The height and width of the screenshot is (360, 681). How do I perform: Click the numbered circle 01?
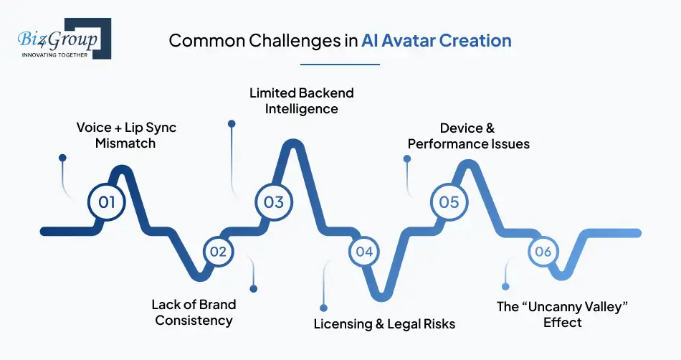click(107, 202)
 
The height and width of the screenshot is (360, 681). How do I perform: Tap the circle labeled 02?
click(218, 252)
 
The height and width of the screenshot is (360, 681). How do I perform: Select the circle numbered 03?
click(274, 202)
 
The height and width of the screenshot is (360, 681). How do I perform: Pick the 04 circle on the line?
click(364, 252)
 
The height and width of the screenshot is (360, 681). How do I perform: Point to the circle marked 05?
click(449, 202)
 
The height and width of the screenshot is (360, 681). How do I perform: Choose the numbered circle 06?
click(543, 252)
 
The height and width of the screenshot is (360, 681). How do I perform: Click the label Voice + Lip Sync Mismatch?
click(126, 135)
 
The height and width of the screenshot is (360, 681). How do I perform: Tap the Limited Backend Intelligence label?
click(301, 101)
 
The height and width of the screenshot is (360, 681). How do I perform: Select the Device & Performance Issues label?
click(468, 136)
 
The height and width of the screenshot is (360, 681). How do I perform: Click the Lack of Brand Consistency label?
click(194, 312)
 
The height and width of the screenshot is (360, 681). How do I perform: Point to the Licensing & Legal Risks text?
click(384, 324)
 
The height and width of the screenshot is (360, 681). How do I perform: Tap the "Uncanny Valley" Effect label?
click(562, 314)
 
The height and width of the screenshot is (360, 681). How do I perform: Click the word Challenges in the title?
click(298, 40)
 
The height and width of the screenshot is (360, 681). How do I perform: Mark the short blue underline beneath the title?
click(340, 64)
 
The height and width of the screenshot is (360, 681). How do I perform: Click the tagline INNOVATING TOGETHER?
click(54, 55)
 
